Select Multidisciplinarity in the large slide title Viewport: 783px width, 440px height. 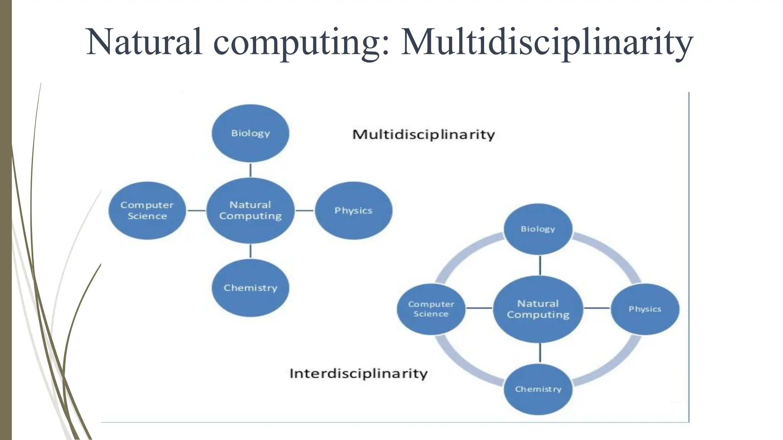pos(547,42)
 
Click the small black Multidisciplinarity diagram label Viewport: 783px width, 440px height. pos(423,134)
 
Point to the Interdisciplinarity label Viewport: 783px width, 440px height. pos(358,373)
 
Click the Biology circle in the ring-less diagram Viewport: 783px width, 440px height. pos(250,133)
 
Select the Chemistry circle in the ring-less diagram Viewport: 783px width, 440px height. pos(250,288)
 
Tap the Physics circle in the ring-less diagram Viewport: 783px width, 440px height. pos(353,210)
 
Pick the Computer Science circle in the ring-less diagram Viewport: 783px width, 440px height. pos(147,210)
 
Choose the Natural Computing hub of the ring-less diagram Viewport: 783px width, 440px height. pos(250,210)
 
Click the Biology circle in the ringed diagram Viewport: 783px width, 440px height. pos(538,229)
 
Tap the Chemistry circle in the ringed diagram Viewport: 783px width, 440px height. pos(538,389)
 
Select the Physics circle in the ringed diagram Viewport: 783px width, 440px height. pos(645,309)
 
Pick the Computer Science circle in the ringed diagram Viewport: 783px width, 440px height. pos(431,309)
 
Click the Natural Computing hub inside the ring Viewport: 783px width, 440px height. pos(538,309)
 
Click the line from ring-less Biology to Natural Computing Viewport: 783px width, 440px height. pos(250,170)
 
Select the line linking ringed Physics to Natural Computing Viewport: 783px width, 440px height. pos(597,308)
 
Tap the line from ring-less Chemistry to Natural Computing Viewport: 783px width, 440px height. pos(250,251)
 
